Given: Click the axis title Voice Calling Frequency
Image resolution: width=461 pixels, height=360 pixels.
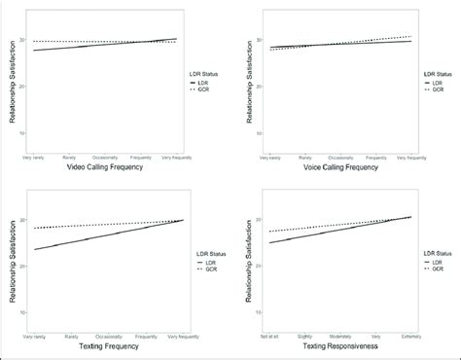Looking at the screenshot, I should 340,166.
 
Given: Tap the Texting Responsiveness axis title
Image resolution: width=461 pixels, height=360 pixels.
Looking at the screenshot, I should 340,346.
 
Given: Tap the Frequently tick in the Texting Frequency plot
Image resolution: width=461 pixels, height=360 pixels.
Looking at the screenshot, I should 143,336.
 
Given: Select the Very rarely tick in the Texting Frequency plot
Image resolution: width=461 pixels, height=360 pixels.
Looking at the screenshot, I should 35,336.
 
